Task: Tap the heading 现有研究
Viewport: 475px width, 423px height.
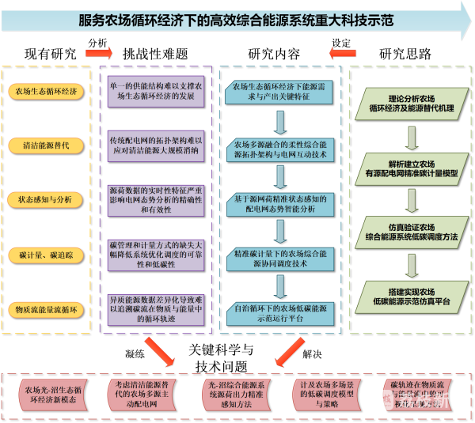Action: [x=51, y=55]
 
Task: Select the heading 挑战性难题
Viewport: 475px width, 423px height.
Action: [x=155, y=55]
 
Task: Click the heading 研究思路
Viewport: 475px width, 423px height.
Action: [x=405, y=55]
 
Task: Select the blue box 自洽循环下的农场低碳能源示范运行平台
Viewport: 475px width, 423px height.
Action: [x=279, y=312]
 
